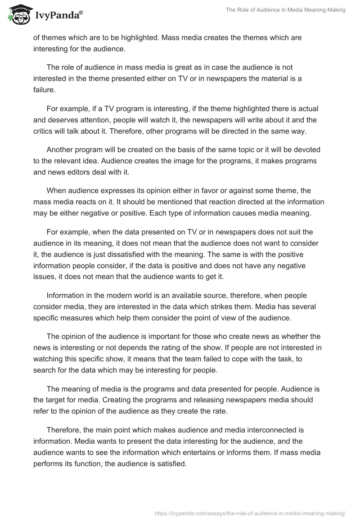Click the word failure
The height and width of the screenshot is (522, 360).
(x=44, y=90)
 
